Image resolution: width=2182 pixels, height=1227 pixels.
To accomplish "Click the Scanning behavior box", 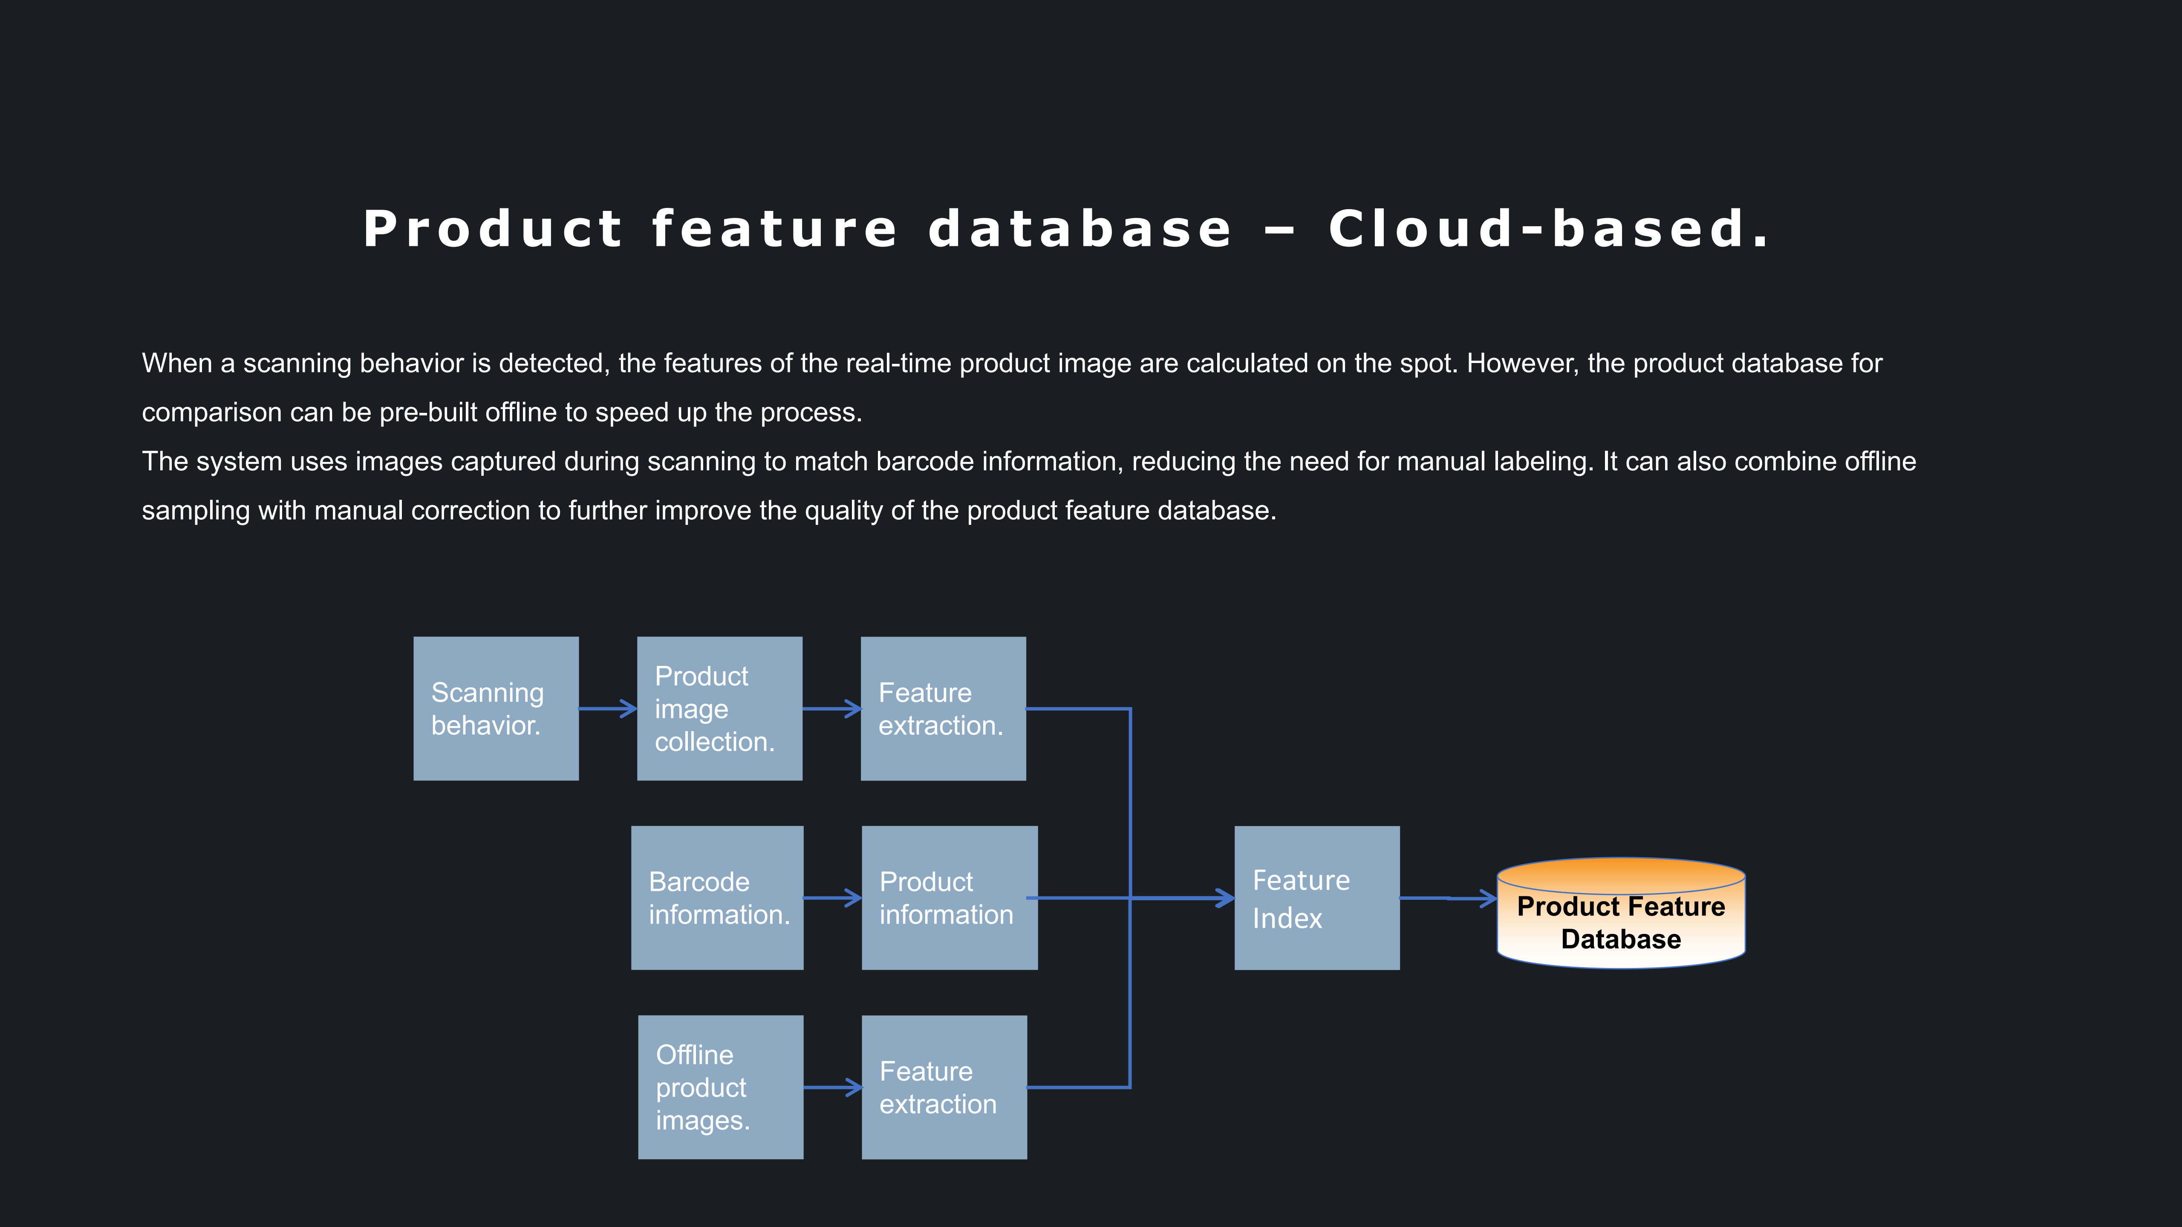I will coord(496,708).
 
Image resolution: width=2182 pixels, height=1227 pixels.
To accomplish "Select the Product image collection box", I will coord(719,708).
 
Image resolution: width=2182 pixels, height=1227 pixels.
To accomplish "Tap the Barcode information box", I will coord(716,898).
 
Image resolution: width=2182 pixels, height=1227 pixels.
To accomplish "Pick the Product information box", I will coord(949,898).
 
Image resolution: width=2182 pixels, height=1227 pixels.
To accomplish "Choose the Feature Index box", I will coord(1316,898).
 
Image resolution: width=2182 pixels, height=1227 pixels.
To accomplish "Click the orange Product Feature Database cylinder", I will coord(1620,915).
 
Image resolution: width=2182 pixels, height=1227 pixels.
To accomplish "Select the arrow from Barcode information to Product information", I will coord(832,898).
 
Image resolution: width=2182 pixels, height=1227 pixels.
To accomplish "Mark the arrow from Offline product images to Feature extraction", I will coord(832,1087).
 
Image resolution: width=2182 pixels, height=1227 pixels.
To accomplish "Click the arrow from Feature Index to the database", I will coord(1447,898).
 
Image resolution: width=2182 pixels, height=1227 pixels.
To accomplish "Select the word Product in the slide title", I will coord(493,230).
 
